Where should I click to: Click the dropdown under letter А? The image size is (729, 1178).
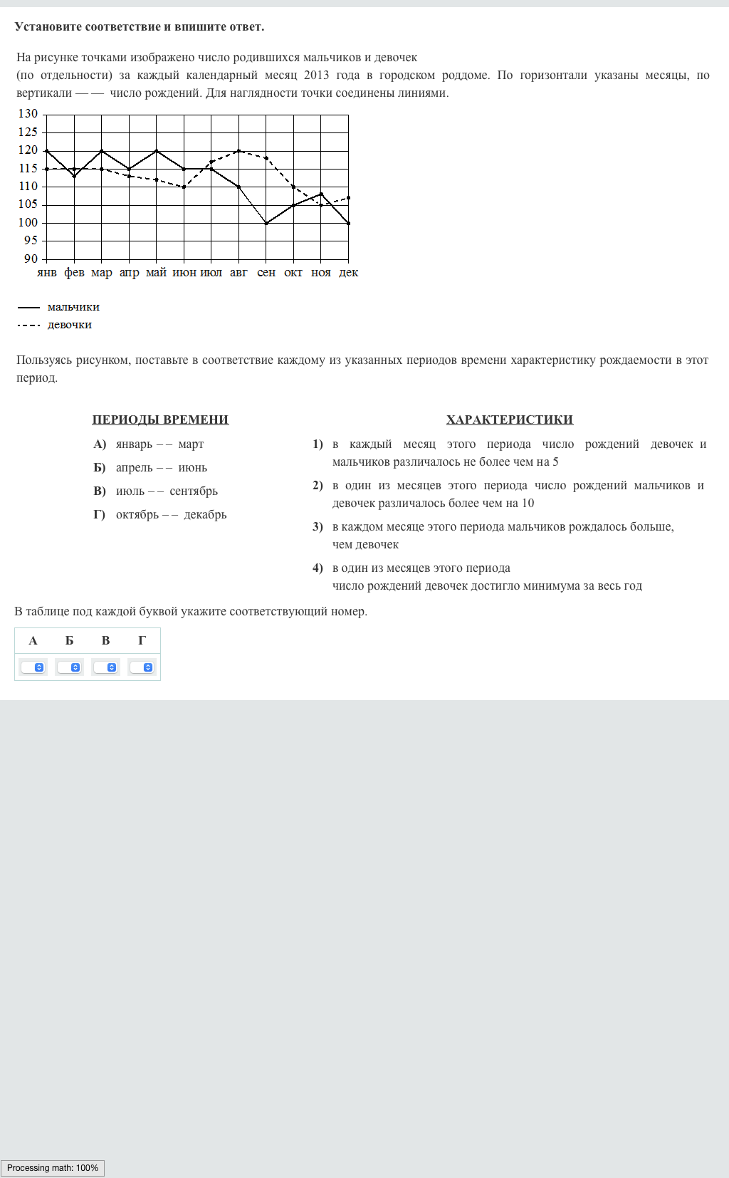pyautogui.click(x=33, y=667)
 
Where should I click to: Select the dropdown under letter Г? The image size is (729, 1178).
pyautogui.click(x=142, y=667)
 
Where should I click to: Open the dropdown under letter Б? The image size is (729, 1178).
pyautogui.click(x=70, y=667)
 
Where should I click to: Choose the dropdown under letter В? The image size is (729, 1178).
pyautogui.click(x=106, y=667)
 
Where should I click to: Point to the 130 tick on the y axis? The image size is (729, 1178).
pyautogui.click(x=28, y=114)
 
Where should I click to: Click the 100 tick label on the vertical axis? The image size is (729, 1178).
pyautogui.click(x=28, y=222)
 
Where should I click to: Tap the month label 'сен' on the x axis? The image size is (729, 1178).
pyautogui.click(x=266, y=273)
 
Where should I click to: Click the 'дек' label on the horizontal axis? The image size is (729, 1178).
pyautogui.click(x=348, y=273)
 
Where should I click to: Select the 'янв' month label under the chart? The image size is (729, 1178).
pyautogui.click(x=47, y=273)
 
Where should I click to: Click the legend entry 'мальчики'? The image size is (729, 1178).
pyautogui.click(x=73, y=307)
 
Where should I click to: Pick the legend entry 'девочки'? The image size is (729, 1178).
pyautogui.click(x=70, y=325)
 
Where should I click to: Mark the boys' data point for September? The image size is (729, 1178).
pyautogui.click(x=266, y=223)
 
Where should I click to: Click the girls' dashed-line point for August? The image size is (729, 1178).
pyautogui.click(x=238, y=151)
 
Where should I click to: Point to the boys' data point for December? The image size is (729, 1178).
pyautogui.click(x=348, y=223)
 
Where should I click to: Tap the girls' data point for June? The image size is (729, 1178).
pyautogui.click(x=184, y=187)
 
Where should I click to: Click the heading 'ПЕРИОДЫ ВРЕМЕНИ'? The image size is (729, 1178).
pyautogui.click(x=160, y=419)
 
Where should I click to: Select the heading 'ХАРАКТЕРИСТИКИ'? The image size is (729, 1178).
pyautogui.click(x=510, y=419)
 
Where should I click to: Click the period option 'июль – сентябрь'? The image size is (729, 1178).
pyautogui.click(x=167, y=491)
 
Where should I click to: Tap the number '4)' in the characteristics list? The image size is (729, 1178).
pyautogui.click(x=318, y=568)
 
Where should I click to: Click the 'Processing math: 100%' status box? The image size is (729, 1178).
pyautogui.click(x=53, y=1168)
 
